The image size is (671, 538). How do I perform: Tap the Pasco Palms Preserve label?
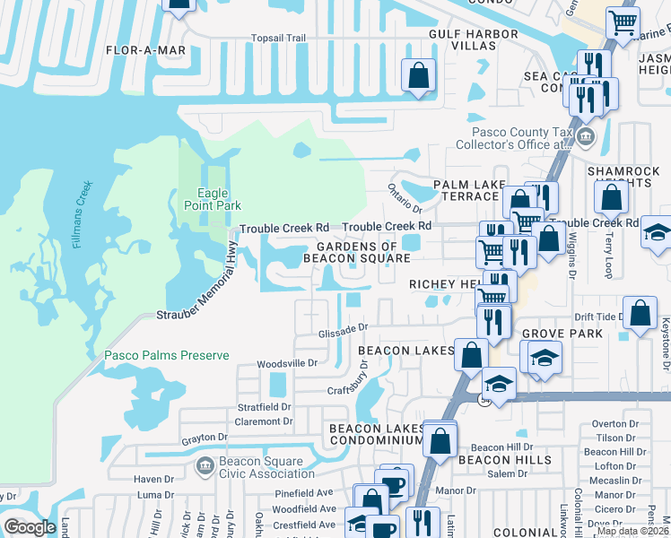click(166, 355)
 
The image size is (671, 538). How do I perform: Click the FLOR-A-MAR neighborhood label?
click(145, 51)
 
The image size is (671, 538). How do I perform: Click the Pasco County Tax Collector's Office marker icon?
click(586, 137)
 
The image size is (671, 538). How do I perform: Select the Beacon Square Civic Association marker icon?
click(204, 466)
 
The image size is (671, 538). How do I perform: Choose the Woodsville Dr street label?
click(287, 363)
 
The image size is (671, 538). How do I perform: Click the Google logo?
click(30, 527)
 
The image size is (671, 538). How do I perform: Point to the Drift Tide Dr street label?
click(597, 317)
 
